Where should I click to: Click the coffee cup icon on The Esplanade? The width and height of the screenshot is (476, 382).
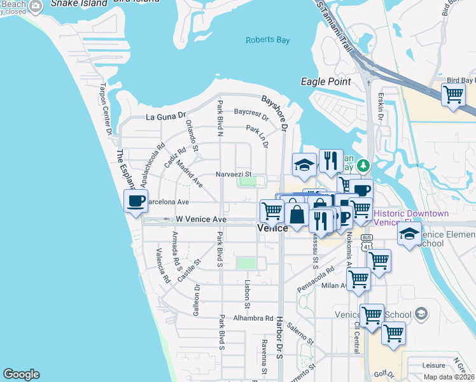tap(136, 202)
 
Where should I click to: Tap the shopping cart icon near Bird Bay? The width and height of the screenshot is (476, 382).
tap(453, 94)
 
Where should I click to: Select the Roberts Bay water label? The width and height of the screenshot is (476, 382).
tap(268, 40)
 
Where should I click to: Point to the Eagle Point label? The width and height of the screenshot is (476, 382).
tap(326, 81)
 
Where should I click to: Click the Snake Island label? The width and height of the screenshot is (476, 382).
tap(78, 3)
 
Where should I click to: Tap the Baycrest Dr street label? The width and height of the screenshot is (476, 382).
tap(251, 113)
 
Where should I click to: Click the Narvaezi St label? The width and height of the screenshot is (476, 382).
tap(234, 173)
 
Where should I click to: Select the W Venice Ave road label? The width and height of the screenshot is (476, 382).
tap(201, 220)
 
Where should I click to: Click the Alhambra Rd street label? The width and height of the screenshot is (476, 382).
tap(253, 318)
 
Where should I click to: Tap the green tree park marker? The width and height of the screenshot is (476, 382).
tap(363, 166)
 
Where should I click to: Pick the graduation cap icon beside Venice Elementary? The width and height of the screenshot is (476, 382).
tap(409, 234)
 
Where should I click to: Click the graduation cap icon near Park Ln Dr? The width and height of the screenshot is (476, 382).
tap(305, 165)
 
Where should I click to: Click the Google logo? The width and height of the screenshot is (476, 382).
tap(21, 374)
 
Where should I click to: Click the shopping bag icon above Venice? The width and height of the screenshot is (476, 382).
tap(297, 214)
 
